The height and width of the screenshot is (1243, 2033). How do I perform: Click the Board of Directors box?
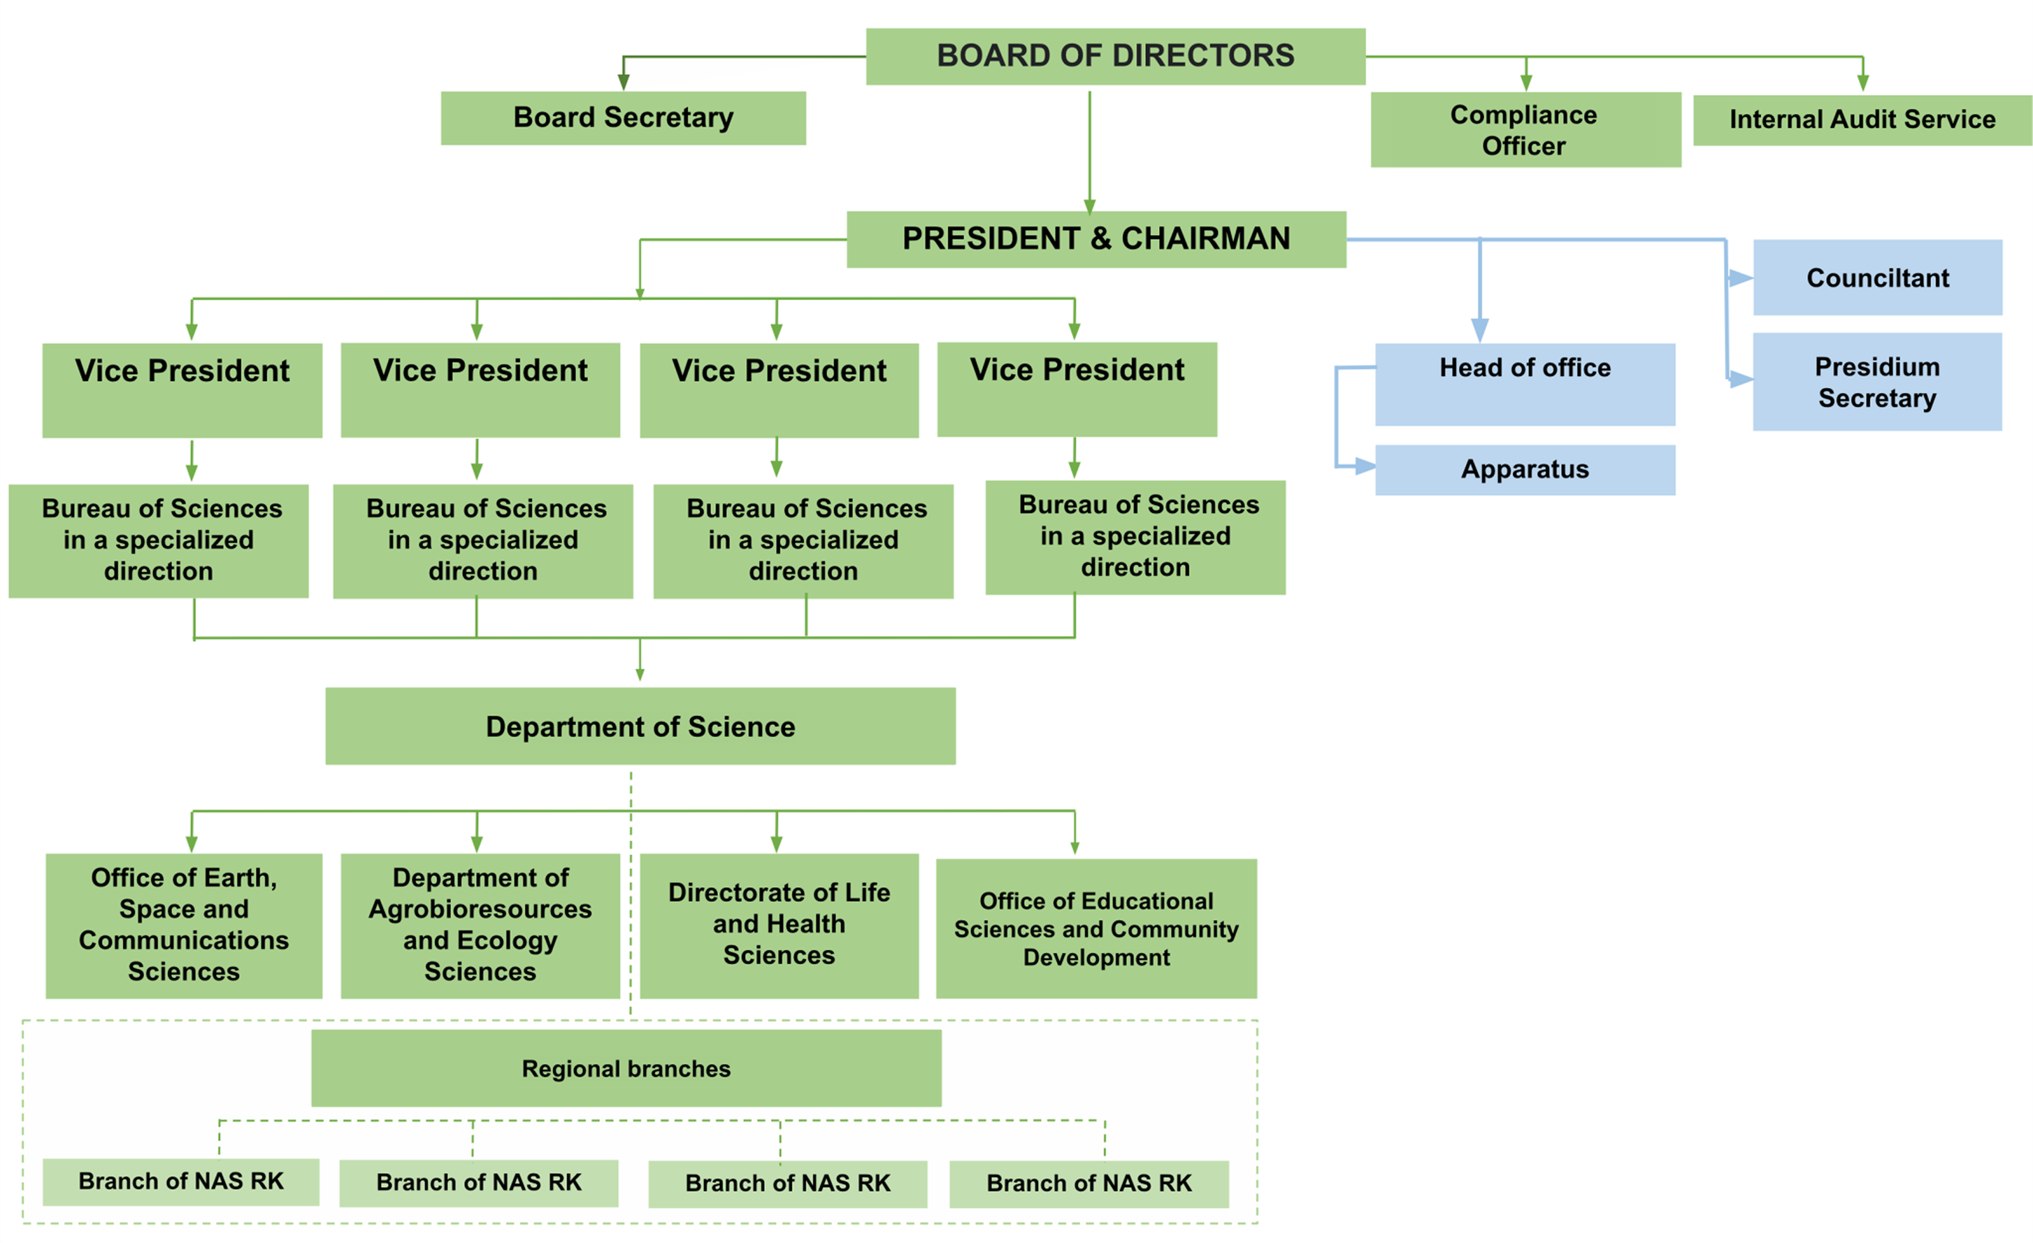pyautogui.click(x=1115, y=56)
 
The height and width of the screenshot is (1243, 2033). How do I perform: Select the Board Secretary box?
pyautogui.click(x=623, y=118)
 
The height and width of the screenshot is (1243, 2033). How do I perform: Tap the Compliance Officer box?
pyautogui.click(x=1525, y=130)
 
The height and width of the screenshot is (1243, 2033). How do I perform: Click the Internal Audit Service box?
pyautogui.click(x=1862, y=120)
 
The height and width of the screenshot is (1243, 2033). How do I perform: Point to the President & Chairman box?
pyautogui.click(x=1096, y=239)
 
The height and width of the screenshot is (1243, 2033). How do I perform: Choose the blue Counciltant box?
pyautogui.click(x=1877, y=277)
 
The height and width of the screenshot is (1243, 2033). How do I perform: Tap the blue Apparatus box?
pyautogui.click(x=1525, y=470)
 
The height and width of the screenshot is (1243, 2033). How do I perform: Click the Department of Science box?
pyautogui.click(x=640, y=726)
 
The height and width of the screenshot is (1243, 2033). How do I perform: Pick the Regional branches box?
pyautogui.click(x=626, y=1068)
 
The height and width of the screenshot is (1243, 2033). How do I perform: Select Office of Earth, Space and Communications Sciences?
pyautogui.click(x=183, y=925)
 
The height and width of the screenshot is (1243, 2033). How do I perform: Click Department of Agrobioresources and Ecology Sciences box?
pyautogui.click(x=480, y=925)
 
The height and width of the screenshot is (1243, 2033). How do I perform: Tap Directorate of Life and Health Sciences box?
pyautogui.click(x=779, y=925)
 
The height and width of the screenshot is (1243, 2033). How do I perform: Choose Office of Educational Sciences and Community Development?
pyautogui.click(x=1096, y=929)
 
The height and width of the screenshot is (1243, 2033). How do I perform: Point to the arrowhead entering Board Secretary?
pyautogui.click(x=624, y=82)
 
